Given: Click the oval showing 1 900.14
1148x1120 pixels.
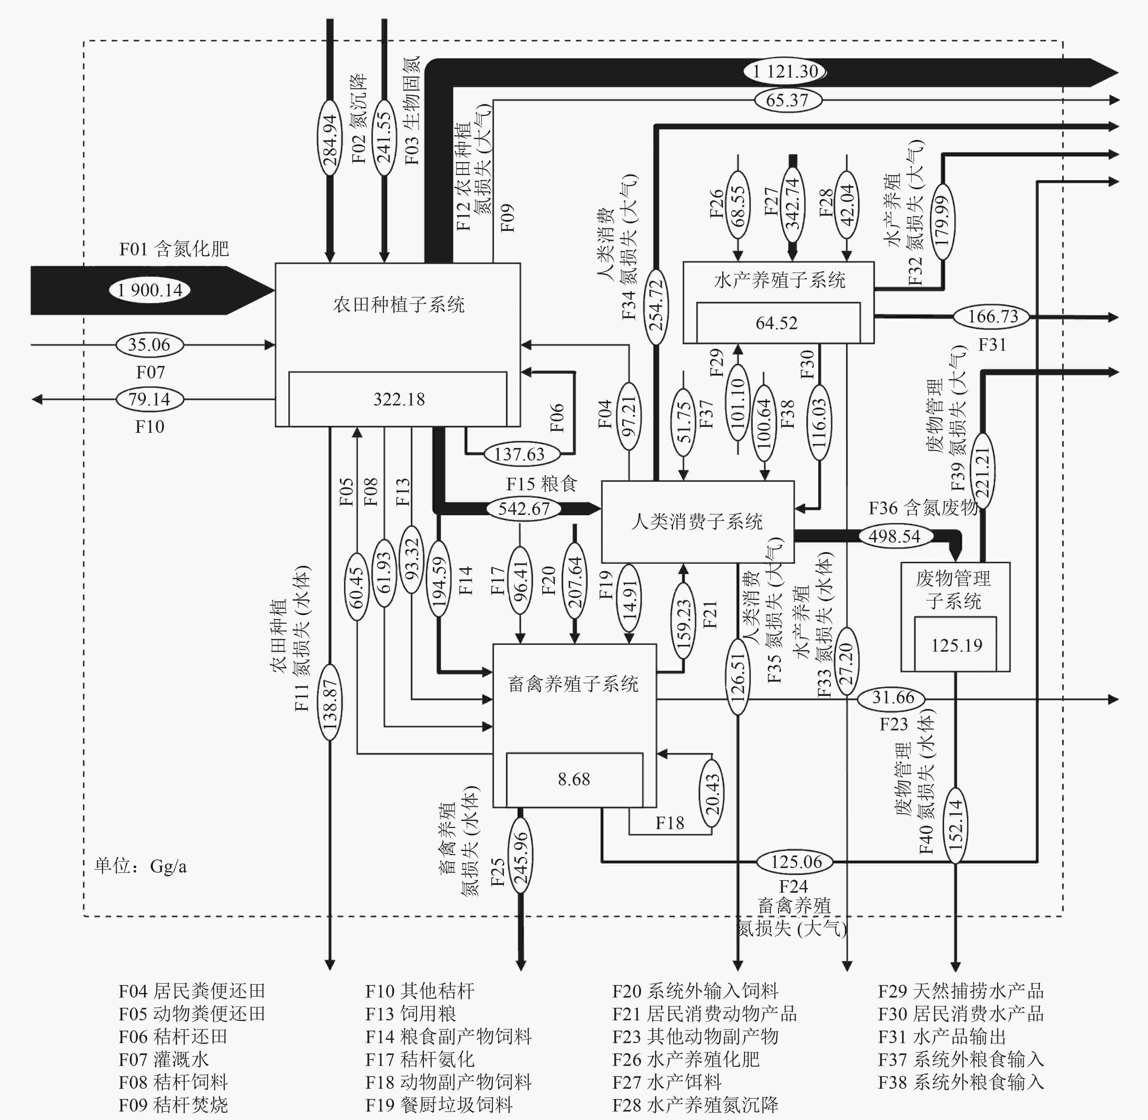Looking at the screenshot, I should point(150,290).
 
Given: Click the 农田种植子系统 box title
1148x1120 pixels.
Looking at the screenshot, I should point(398,305).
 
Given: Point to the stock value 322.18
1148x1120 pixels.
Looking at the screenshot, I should point(398,399).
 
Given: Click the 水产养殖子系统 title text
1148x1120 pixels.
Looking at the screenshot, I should point(779,280).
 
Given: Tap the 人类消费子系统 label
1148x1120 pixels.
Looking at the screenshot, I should point(697,521).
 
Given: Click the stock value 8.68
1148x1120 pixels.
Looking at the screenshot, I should point(574,779).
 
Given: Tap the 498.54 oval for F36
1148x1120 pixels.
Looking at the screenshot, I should point(894,536).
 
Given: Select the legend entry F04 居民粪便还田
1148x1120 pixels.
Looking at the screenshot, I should point(192,991).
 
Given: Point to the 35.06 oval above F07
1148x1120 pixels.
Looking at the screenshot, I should point(149,345).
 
